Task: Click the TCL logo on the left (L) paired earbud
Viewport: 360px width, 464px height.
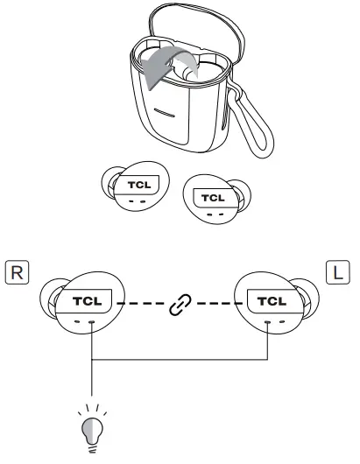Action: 268,300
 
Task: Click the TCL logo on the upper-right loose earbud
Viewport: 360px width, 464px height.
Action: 215,197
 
